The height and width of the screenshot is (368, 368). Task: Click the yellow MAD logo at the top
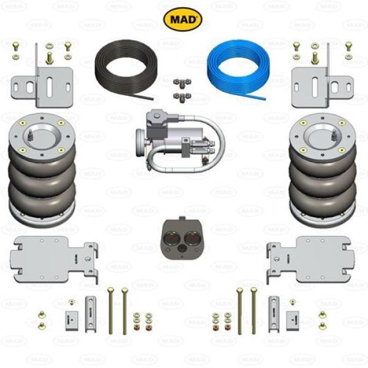(183, 19)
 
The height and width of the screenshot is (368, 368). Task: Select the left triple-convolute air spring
(42, 170)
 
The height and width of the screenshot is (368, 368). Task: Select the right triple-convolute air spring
(323, 170)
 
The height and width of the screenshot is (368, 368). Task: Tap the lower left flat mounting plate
(54, 259)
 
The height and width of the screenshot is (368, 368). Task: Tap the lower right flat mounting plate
(310, 259)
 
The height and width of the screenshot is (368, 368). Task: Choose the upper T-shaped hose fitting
(182, 83)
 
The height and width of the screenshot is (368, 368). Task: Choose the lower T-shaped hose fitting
(182, 97)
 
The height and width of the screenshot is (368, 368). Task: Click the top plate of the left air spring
(42, 137)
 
